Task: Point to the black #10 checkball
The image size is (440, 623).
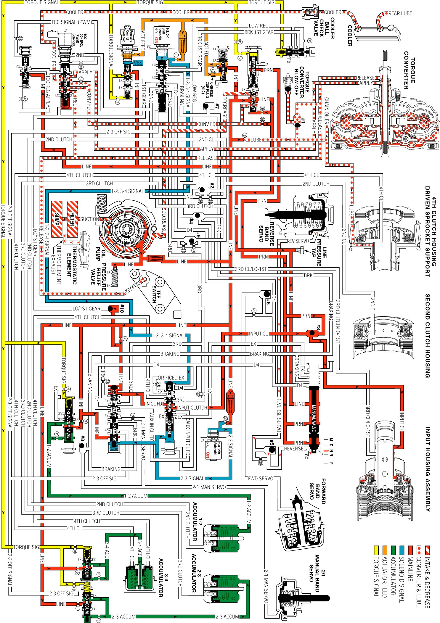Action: [x=110, y=309]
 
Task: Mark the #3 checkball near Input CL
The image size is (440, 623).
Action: [x=312, y=333]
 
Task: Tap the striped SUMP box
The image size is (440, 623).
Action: [x=57, y=219]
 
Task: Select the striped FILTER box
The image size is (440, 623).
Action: [x=72, y=219]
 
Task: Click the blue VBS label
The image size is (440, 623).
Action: [x=138, y=63]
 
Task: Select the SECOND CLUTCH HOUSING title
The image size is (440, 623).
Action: [x=427, y=336]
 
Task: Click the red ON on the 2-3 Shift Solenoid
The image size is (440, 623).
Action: [x=208, y=455]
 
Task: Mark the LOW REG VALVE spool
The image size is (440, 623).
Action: [x=295, y=52]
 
